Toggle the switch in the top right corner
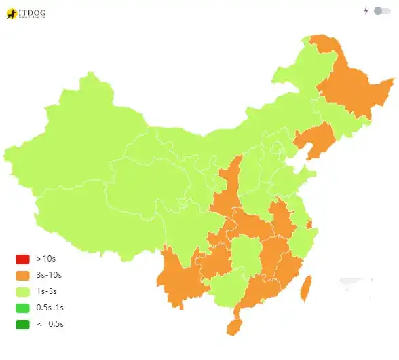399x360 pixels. point(382,11)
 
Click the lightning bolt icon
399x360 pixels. point(366,11)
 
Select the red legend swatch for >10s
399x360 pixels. point(22,259)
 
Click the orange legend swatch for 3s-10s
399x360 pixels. point(22,275)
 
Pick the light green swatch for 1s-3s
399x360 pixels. point(22,291)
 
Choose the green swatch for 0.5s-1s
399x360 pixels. point(22,308)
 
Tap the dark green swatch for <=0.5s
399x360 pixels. point(22,324)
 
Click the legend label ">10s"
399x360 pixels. point(45,259)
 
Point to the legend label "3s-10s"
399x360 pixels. point(49,275)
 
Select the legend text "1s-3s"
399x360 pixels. point(47,291)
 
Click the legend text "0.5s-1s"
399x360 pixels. point(50,308)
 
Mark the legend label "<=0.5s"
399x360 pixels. point(50,324)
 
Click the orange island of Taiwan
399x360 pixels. point(305,289)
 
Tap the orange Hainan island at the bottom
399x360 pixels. point(233,327)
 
